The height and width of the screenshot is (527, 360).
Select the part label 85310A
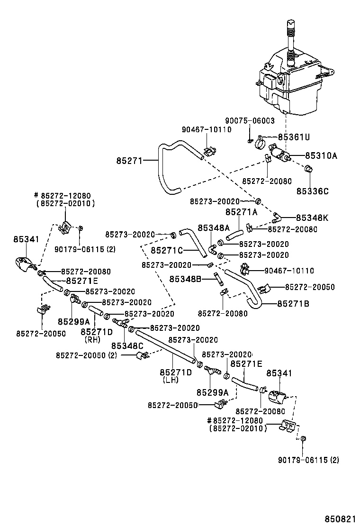pyautogui.click(x=321, y=155)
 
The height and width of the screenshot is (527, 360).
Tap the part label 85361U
pyautogui.click(x=294, y=137)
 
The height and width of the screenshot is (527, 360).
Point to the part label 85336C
pyautogui.click(x=313, y=191)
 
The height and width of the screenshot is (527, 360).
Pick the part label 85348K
pyautogui.click(x=312, y=218)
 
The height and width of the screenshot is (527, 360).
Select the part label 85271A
pyautogui.click(x=241, y=212)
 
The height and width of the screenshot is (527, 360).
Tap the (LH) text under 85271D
pyautogui.click(x=170, y=380)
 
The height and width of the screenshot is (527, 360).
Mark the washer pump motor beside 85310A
pyautogui.click(x=278, y=154)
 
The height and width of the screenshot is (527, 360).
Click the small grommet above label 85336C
pyautogui.click(x=308, y=168)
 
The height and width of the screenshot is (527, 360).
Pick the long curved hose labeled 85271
pyautogui.click(x=161, y=171)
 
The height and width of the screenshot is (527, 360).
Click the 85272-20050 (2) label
pyautogui.click(x=86, y=355)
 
